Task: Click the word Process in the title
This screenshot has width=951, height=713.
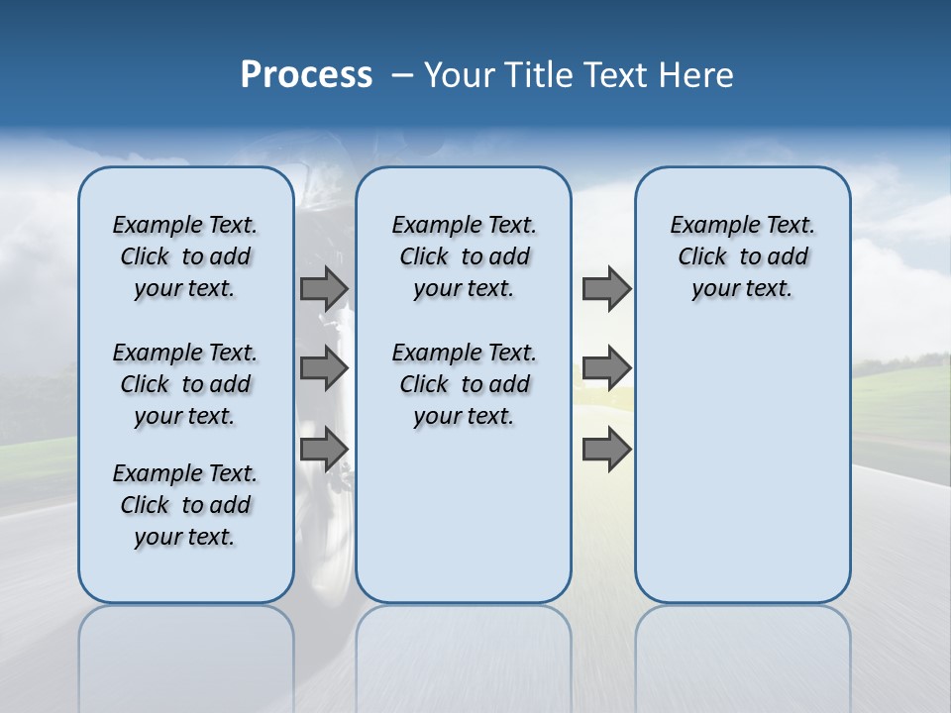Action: coord(306,75)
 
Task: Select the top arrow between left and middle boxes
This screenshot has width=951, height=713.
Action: coord(324,289)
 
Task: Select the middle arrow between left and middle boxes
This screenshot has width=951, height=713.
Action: coord(324,368)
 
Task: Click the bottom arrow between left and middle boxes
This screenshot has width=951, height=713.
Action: coord(324,450)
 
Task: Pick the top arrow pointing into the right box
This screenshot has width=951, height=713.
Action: coord(606,289)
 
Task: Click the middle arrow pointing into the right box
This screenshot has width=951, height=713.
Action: coord(606,368)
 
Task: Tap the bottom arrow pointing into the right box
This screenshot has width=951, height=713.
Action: coord(606,450)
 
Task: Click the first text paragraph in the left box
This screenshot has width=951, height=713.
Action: coord(185,256)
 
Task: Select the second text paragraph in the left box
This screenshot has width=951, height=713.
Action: coord(185,384)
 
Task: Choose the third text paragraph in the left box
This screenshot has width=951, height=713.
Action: coord(185,505)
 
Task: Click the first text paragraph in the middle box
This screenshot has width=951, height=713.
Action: coord(464,256)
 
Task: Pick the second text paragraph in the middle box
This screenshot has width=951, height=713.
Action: coord(464,384)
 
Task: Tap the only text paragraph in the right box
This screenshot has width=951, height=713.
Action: coord(742,256)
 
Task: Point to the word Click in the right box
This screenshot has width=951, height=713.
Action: coord(702,257)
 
